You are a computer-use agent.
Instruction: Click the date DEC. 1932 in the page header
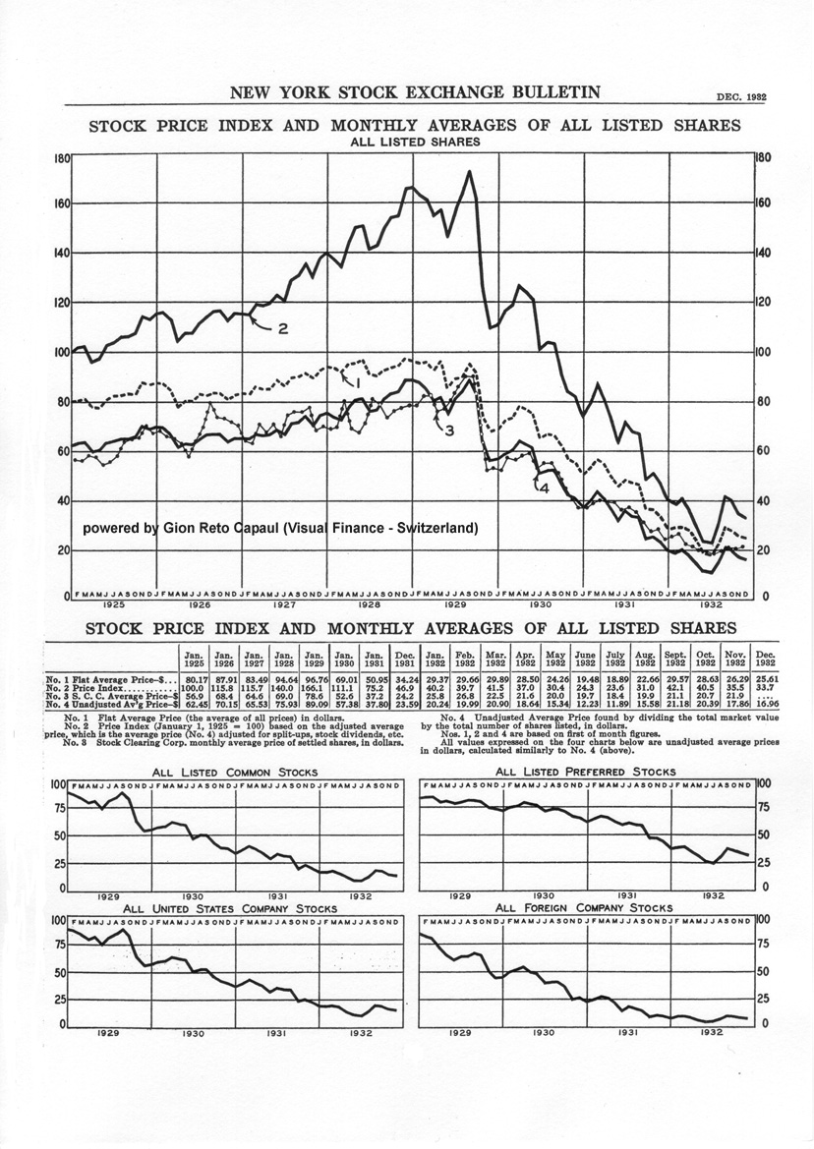(x=742, y=97)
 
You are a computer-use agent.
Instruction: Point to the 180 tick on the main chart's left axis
(x=60, y=157)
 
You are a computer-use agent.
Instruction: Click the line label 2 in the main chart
(x=282, y=328)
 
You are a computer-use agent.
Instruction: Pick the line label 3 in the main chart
(x=448, y=431)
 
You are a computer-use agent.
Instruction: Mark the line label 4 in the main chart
(x=542, y=487)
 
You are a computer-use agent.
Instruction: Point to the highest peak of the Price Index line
(x=470, y=173)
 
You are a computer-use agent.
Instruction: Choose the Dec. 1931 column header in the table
(x=404, y=661)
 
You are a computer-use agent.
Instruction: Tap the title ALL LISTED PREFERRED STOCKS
(x=585, y=773)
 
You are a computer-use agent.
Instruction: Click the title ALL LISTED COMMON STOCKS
(x=232, y=773)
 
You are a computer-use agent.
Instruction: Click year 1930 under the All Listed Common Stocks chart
(x=194, y=896)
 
